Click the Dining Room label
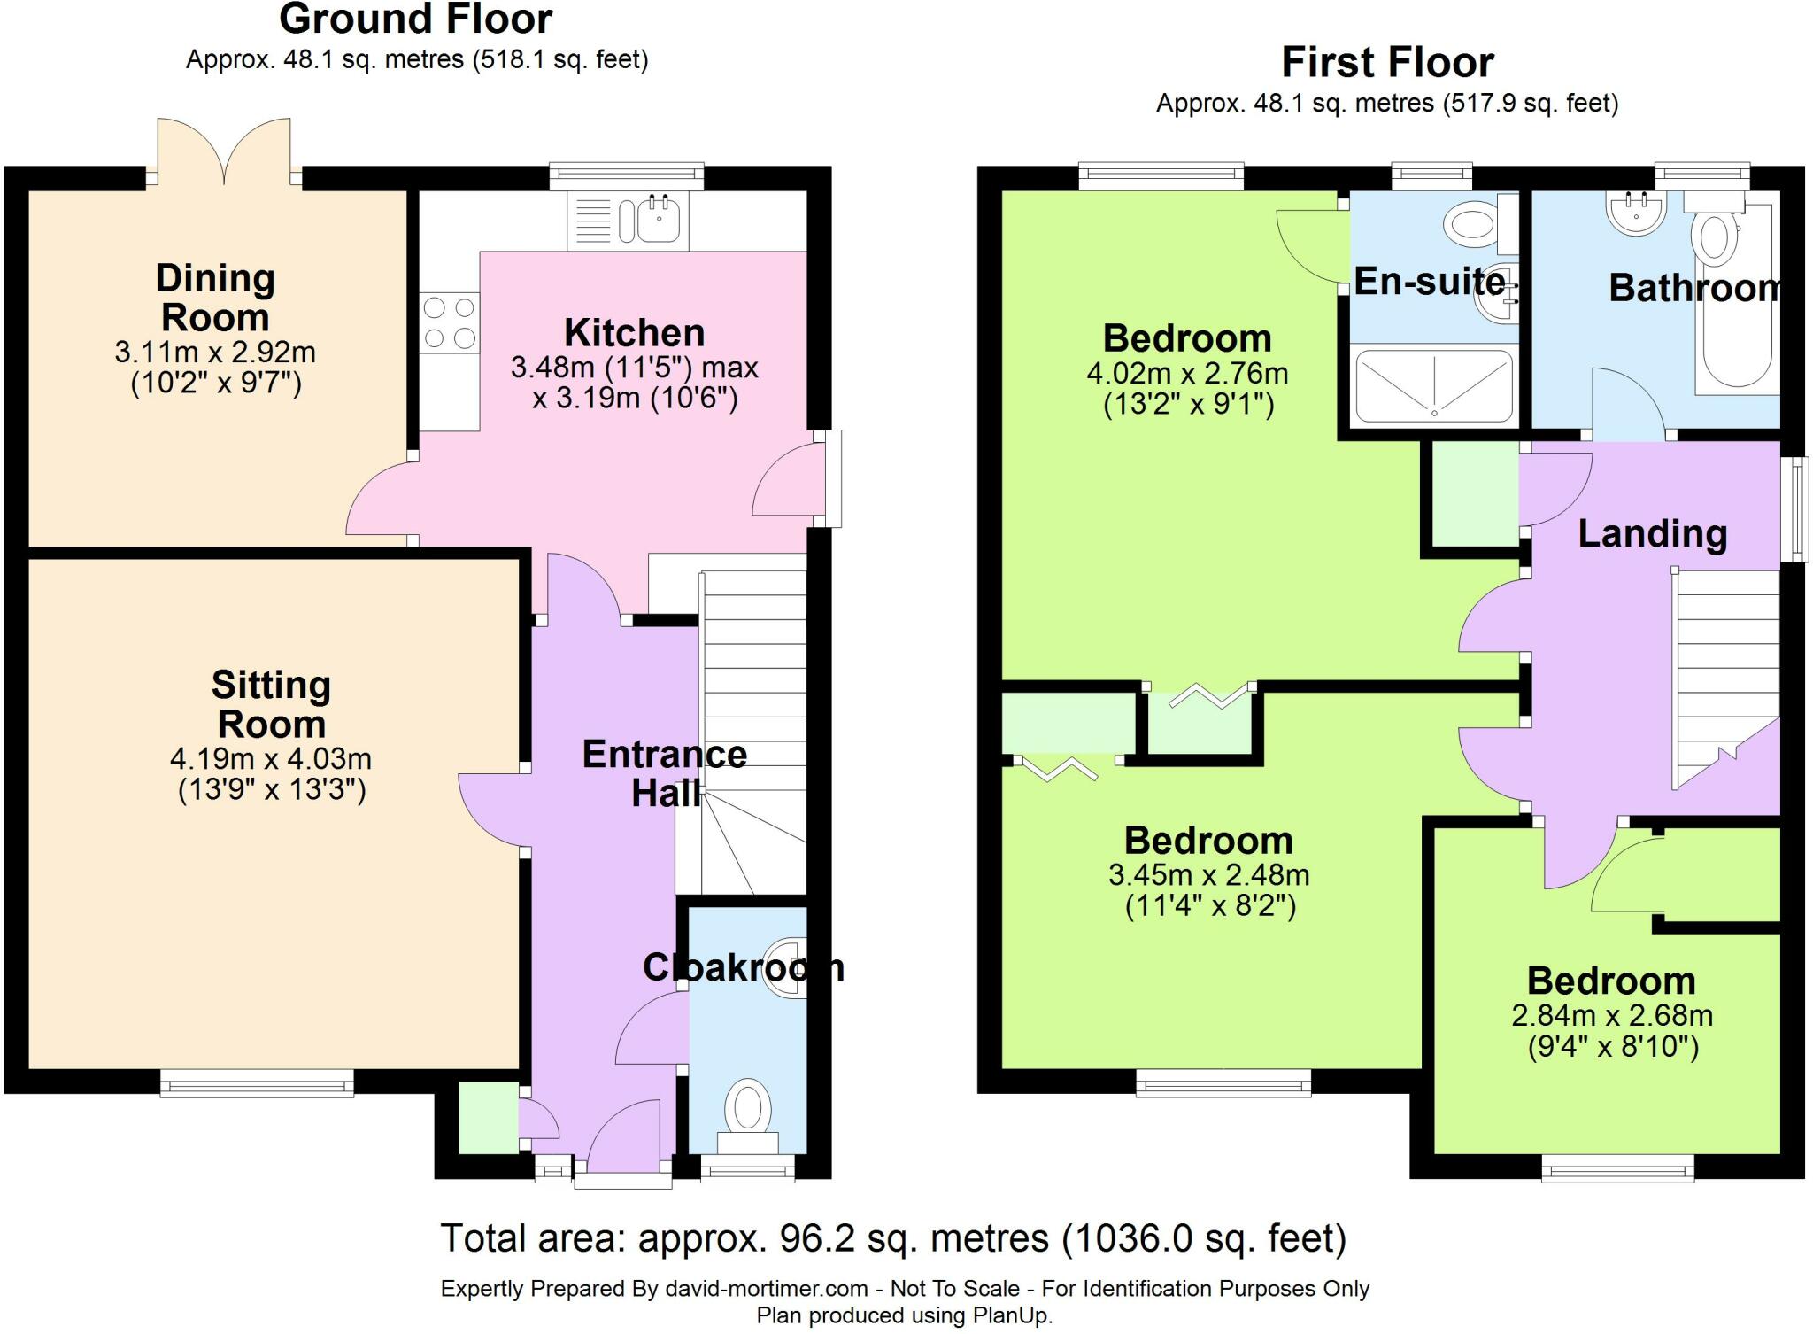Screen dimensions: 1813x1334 [215, 298]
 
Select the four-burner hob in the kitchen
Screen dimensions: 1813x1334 [449, 323]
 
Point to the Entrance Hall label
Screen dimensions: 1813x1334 [665, 773]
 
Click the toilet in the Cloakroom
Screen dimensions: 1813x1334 [748, 1116]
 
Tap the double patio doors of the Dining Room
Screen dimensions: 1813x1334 [224, 151]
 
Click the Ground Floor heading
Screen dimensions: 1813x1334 [416, 19]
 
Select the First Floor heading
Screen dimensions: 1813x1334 [1387, 62]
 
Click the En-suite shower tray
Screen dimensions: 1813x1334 [1434, 386]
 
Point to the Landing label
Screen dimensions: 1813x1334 [1653, 533]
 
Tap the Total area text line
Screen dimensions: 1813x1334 [893, 1238]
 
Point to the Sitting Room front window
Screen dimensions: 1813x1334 [257, 1082]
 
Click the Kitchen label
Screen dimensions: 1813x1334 [635, 333]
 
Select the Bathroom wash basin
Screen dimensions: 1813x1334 [1636, 213]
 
